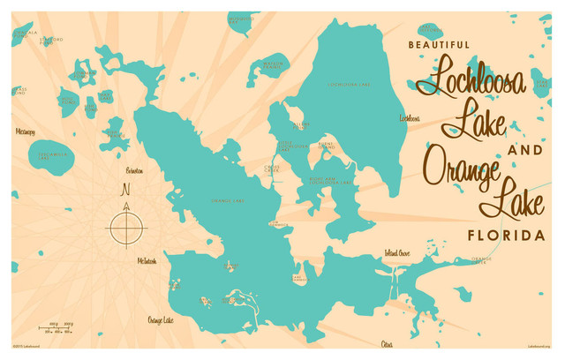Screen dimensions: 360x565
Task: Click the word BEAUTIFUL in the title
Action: (439, 43)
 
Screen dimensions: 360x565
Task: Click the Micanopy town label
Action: (26, 131)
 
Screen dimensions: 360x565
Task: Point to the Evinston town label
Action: (134, 169)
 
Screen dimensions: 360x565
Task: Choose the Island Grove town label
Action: (396, 253)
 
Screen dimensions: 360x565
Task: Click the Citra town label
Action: (386, 342)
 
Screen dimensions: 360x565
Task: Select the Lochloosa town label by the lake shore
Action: (409, 117)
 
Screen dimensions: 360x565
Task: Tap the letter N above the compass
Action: (125, 189)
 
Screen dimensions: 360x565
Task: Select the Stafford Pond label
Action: (51, 40)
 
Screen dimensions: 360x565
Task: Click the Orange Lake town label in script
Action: (160, 320)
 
